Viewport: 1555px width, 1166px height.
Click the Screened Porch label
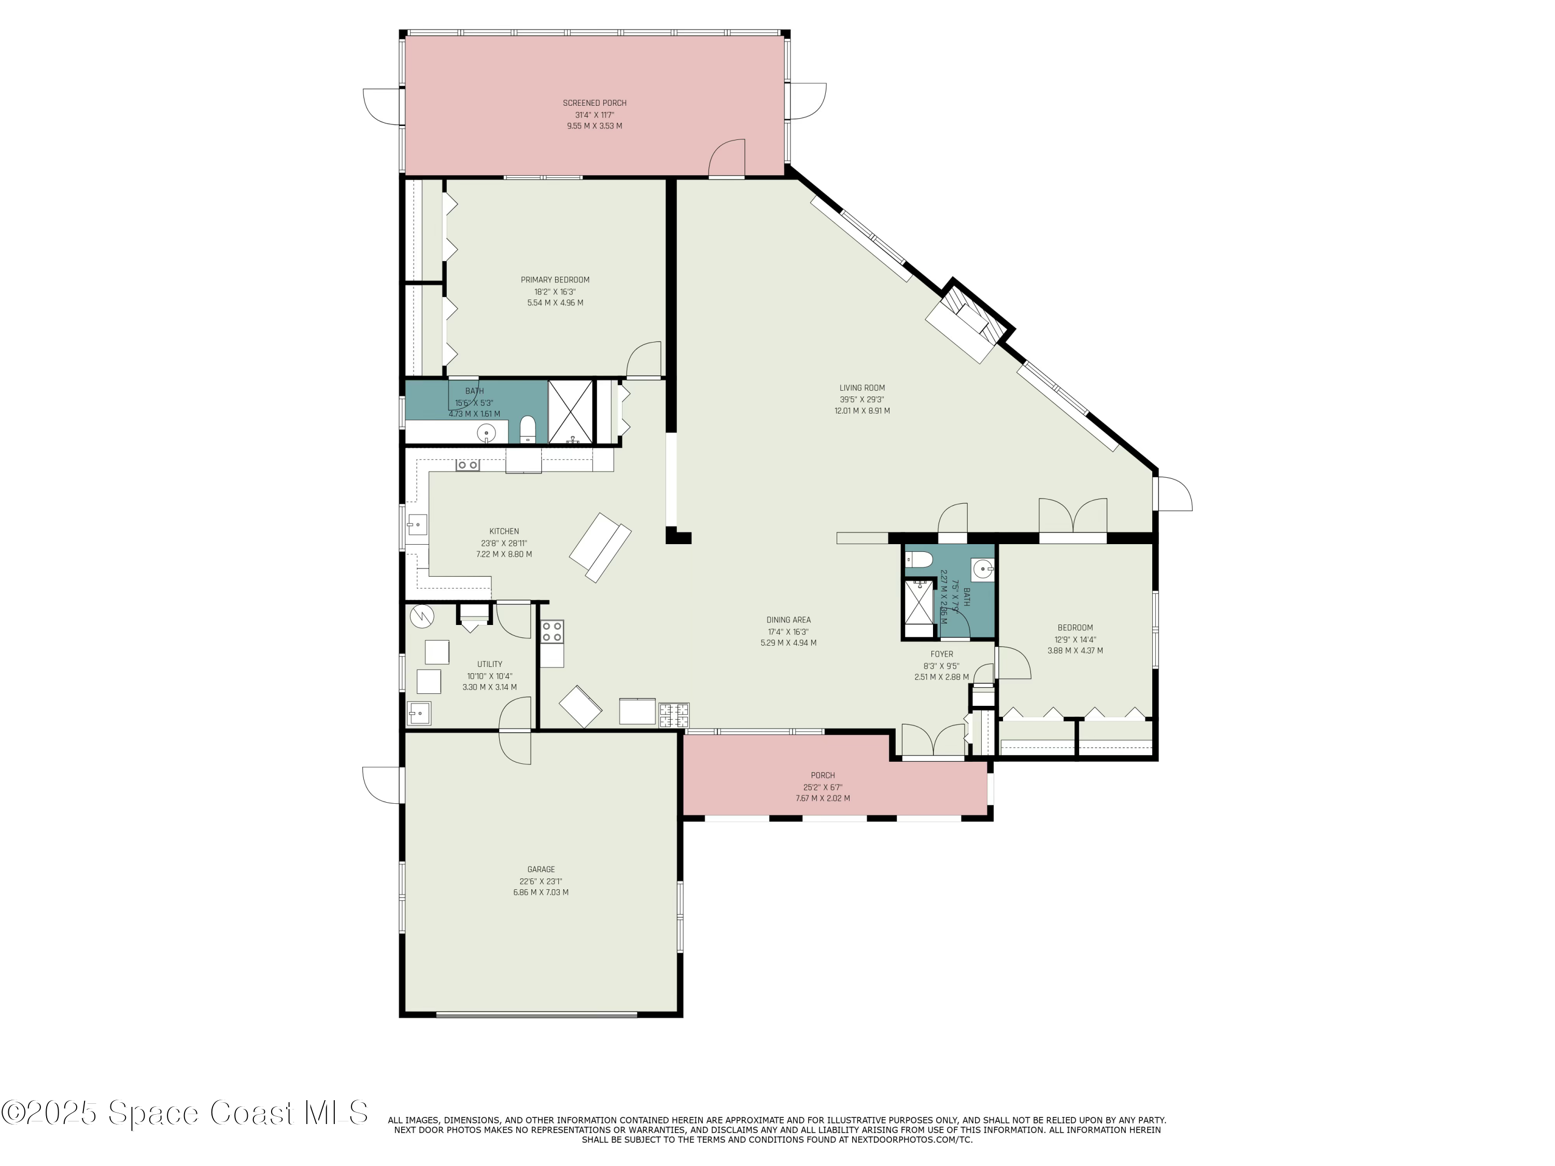(x=594, y=103)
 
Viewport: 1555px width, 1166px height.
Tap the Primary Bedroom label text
(x=555, y=280)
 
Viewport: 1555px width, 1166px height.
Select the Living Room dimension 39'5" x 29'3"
(x=862, y=399)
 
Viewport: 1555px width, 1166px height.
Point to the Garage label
(x=541, y=870)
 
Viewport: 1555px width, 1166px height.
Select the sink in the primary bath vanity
(x=486, y=432)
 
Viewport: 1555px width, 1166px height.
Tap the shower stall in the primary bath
(x=570, y=412)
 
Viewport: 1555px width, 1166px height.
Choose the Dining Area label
(x=788, y=620)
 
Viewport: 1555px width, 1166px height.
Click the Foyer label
(x=941, y=655)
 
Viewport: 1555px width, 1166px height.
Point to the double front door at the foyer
(x=933, y=744)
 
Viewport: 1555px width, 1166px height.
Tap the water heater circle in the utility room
(x=422, y=616)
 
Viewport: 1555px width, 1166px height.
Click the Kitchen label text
(x=504, y=531)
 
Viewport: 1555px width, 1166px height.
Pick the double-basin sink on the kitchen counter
(x=468, y=465)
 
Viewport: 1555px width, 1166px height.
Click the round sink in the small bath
(x=983, y=568)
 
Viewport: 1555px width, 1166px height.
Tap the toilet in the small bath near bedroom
(x=920, y=560)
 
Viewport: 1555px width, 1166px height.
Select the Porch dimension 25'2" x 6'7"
(x=823, y=787)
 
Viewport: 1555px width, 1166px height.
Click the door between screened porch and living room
(x=727, y=160)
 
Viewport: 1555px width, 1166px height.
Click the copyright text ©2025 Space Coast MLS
(x=184, y=1113)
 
